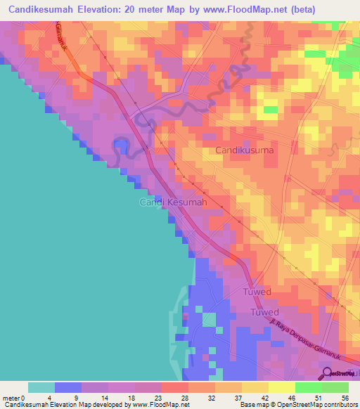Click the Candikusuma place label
[x=245, y=150]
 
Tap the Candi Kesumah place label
[x=172, y=202]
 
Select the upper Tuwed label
[x=257, y=291]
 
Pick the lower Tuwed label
[x=265, y=312]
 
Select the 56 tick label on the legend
[x=344, y=397]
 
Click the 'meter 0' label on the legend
[x=13, y=397]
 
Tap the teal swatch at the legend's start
[x=41, y=387]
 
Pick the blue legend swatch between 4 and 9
[x=67, y=387]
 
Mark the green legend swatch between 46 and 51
[x=308, y=387]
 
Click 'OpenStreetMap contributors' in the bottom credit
[x=316, y=405]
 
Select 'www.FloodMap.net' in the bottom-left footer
[x=160, y=405]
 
